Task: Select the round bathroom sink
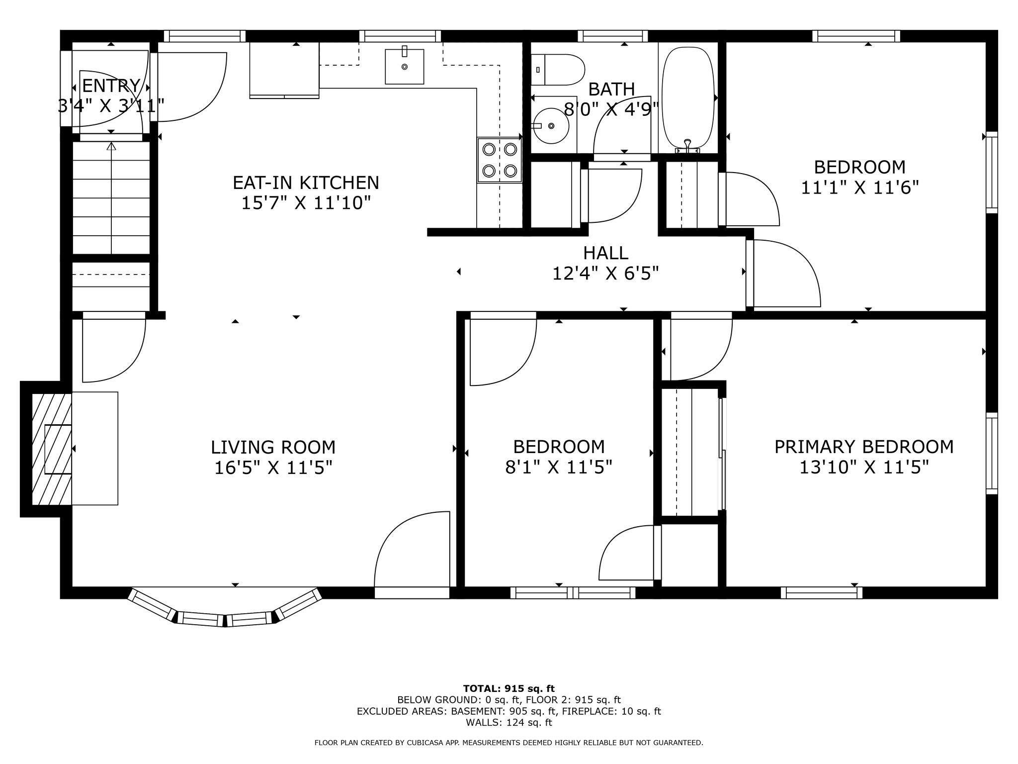(551, 125)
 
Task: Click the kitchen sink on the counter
(405, 66)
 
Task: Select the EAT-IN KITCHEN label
(306, 183)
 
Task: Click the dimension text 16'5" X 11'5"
(273, 468)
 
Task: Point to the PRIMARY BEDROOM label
(864, 447)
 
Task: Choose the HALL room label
(605, 253)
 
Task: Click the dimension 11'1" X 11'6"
(859, 188)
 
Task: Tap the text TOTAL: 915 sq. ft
(509, 689)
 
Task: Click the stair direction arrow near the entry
(111, 199)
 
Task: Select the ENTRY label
(111, 86)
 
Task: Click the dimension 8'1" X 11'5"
(558, 468)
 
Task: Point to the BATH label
(611, 90)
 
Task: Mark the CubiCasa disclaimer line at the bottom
(509, 743)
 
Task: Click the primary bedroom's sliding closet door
(723, 454)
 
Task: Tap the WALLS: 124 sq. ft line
(509, 723)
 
